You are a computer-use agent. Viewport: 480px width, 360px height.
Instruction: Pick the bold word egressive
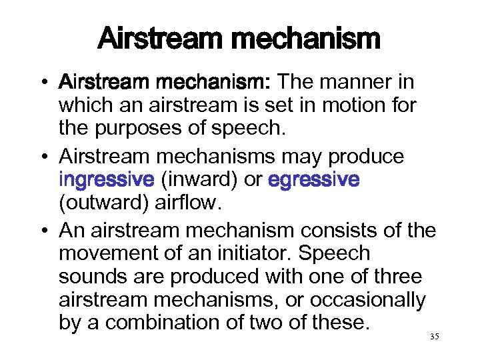pos(313,179)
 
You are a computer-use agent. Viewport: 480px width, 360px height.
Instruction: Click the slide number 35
pos(435,337)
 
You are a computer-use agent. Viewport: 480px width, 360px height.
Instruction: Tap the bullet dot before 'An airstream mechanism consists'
pos(44,231)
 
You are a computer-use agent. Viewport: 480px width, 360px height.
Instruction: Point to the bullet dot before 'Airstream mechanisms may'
pos(44,157)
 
